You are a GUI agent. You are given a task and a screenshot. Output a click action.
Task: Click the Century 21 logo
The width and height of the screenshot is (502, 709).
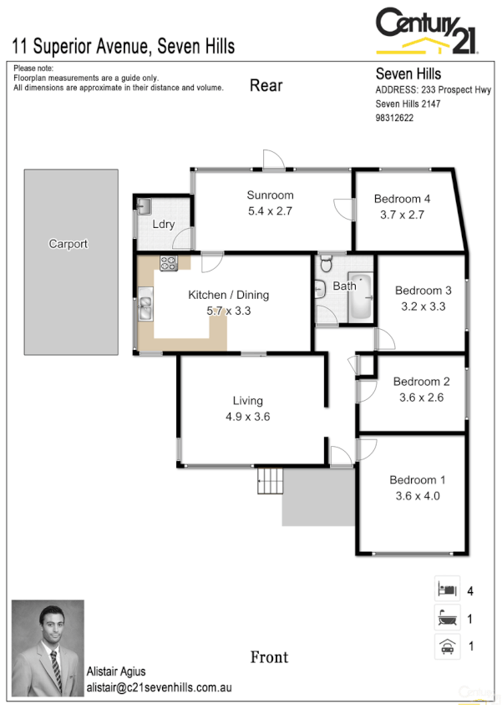(426, 31)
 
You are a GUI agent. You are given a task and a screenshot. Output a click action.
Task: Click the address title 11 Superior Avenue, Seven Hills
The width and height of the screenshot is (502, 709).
(123, 45)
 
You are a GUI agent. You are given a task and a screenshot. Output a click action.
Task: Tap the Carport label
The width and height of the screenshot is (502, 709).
(68, 244)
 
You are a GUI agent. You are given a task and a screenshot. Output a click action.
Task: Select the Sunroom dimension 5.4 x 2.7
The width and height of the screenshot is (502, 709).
(270, 211)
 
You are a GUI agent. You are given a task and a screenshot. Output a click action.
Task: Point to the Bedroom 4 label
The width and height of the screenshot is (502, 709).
(402, 199)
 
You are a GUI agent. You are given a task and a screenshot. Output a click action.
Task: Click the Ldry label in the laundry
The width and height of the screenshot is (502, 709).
(163, 225)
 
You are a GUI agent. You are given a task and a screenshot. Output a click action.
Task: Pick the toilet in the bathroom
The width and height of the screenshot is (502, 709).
(327, 264)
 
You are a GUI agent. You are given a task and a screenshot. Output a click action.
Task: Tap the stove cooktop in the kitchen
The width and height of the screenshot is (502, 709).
(169, 265)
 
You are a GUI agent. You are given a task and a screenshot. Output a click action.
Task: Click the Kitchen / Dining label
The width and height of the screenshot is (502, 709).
(228, 295)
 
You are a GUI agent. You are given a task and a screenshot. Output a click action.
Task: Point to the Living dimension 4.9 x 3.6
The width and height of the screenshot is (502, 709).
(247, 417)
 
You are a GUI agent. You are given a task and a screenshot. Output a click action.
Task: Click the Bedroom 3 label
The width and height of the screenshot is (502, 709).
(423, 291)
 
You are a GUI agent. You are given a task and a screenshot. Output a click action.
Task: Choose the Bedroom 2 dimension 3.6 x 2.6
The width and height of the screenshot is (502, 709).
(422, 398)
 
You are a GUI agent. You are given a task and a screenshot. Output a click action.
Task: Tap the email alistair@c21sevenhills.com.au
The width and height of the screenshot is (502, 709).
(159, 688)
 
